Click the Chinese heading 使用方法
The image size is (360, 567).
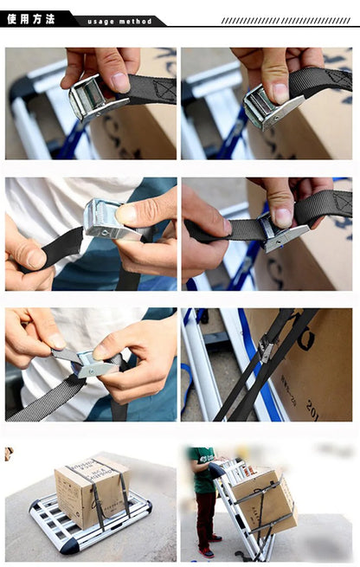pos(31,18)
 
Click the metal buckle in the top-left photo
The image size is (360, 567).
pos(90,98)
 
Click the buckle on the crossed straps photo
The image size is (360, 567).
pos(265,348)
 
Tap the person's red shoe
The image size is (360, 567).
pos(205,551)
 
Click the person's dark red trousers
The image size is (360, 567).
pos(204,518)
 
